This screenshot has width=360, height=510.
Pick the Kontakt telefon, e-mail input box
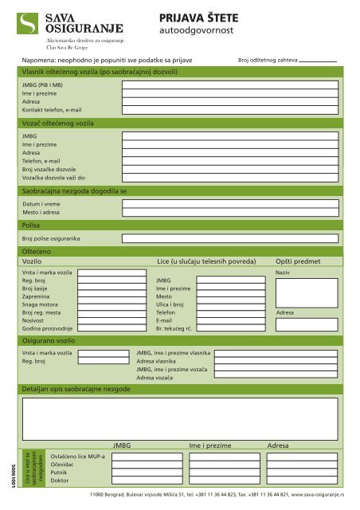(x=233, y=110)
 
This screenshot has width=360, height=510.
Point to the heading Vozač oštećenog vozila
(x=58, y=125)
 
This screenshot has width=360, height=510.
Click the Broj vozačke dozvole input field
(x=233, y=169)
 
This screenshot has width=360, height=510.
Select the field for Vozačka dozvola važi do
(x=233, y=177)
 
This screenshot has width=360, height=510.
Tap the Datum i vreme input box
(x=233, y=205)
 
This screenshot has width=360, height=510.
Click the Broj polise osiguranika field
(x=233, y=238)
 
